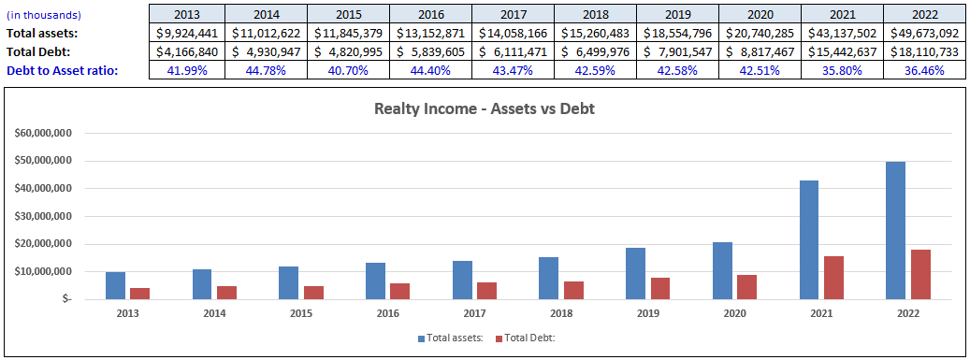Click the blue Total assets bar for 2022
click(895, 230)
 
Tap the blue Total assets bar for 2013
click(115, 285)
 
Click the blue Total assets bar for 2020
click(721, 270)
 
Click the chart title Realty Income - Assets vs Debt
click(485, 108)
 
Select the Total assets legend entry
click(451, 338)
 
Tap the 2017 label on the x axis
click(474, 313)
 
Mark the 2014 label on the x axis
click(214, 313)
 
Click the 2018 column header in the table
click(595, 15)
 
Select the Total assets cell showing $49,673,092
click(924, 33)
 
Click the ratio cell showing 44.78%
click(266, 70)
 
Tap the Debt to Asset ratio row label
click(62, 70)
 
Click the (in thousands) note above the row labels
click(44, 15)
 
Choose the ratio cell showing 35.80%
click(842, 70)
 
